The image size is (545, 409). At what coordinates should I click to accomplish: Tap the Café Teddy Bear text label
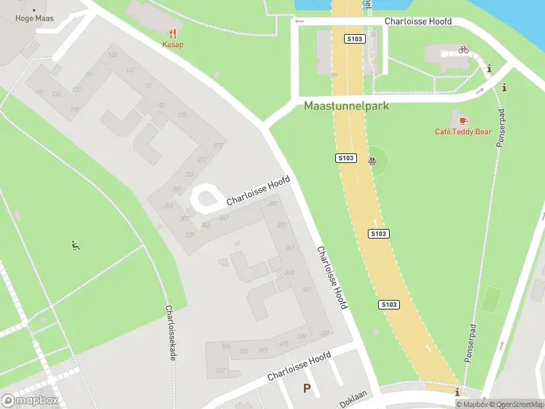463,132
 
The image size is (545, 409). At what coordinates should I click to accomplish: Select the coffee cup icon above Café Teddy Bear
463,121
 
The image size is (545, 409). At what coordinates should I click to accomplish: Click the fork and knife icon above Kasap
173,33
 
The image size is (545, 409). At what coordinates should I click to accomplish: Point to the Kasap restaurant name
173,44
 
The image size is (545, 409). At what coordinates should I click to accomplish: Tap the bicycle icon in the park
463,49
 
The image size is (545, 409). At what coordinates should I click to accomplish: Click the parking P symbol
307,389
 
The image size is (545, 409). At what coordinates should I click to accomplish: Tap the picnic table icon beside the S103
372,162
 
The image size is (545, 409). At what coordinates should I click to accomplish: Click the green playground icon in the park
76,245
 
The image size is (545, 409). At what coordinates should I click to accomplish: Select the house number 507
220,370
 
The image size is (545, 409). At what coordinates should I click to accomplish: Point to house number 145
112,55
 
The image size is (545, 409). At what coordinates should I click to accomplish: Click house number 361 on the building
290,247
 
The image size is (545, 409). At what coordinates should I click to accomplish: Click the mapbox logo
30,401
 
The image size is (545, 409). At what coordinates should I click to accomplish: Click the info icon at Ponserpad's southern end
457,392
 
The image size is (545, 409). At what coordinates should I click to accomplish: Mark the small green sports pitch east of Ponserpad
490,301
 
